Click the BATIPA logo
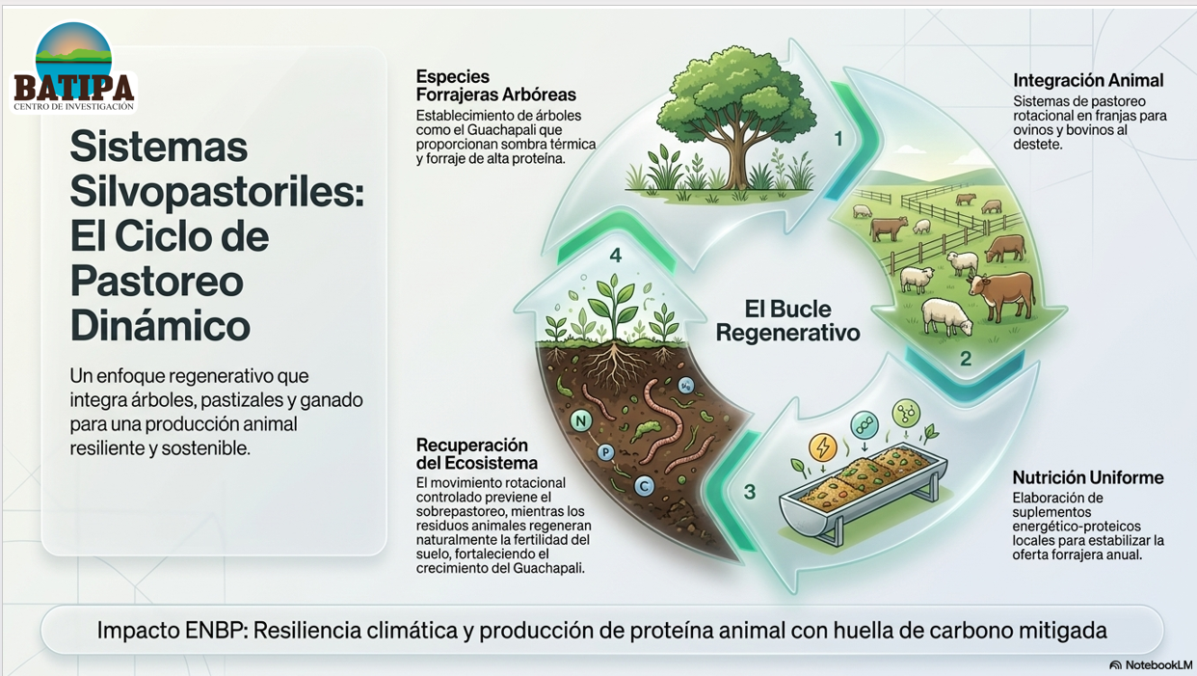74,68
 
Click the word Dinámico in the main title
160,326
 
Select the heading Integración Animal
1088,80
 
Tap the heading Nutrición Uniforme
1088,477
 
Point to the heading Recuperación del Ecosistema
477,453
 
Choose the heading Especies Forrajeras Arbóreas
496,86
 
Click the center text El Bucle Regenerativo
787,320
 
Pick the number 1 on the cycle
838,139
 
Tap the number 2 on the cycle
966,359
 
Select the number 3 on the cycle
750,492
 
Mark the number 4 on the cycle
616,256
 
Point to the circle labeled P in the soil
605,453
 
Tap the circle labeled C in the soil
644,486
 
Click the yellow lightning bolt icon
823,446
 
